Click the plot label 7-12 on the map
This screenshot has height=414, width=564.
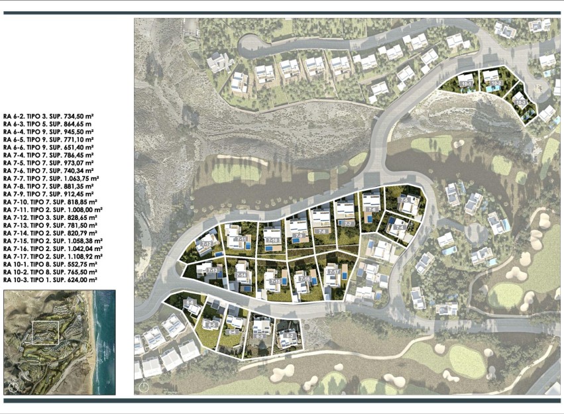click(207, 244)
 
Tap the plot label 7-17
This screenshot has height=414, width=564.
click(333, 272)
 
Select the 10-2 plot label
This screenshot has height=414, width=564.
click(495, 83)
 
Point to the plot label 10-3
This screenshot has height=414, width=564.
click(521, 103)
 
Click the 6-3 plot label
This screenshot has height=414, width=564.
click(260, 336)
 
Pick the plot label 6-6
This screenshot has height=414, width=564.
click(191, 303)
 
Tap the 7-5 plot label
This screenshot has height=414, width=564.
click(404, 199)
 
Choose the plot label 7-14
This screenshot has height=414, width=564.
click(242, 275)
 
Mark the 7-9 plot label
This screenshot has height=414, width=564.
click(299, 235)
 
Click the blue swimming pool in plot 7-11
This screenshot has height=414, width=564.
click(247, 246)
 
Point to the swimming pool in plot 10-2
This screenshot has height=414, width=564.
click(490, 89)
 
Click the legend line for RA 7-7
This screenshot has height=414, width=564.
click(51, 179)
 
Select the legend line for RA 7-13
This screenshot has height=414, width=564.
click(50, 225)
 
